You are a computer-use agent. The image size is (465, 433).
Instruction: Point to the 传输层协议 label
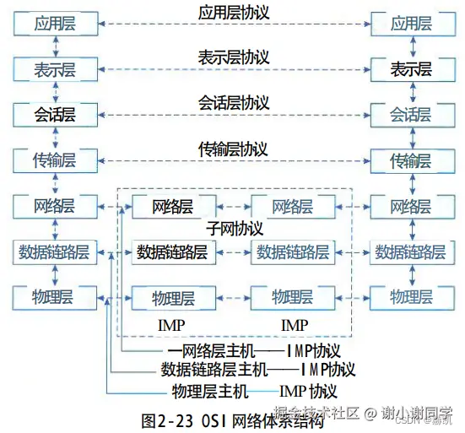(233, 149)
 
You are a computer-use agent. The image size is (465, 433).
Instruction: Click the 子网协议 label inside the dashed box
(235, 229)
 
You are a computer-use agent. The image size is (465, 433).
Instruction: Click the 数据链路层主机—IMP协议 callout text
(257, 370)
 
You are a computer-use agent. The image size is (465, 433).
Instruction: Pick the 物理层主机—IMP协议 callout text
(254, 391)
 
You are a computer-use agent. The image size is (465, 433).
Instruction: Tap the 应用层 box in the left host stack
(55, 24)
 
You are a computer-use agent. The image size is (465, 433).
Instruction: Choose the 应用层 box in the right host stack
(411, 24)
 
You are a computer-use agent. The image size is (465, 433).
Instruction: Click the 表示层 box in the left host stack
(55, 68)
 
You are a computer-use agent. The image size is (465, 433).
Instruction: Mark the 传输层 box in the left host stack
(55, 160)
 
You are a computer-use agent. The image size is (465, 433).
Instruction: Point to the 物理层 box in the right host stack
(411, 296)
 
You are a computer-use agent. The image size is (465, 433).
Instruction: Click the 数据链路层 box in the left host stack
(55, 251)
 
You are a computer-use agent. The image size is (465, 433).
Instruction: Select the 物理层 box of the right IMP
(292, 296)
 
